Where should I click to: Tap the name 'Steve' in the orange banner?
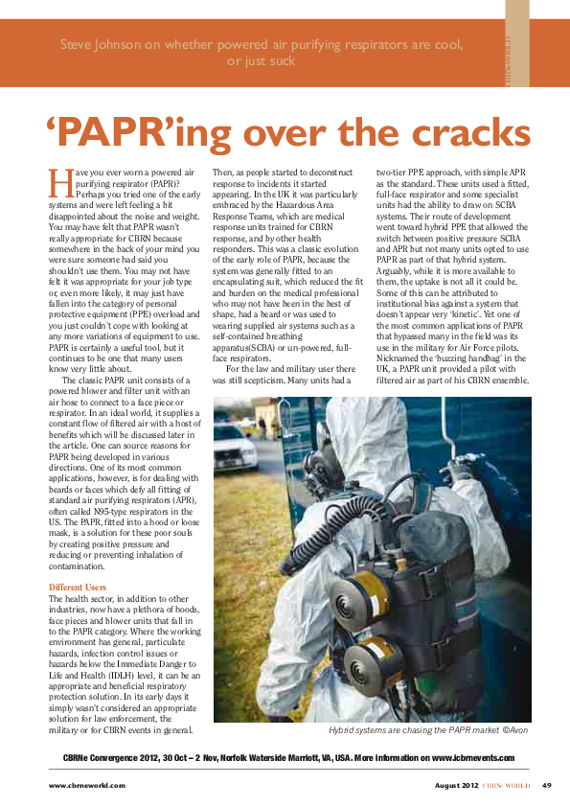tap(79, 44)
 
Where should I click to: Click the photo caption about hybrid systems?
tap(427, 730)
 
